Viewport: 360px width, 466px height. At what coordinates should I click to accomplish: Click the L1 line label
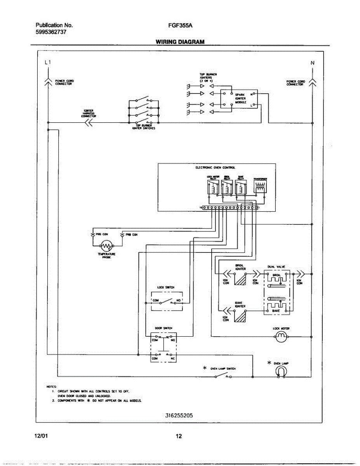click(x=47, y=62)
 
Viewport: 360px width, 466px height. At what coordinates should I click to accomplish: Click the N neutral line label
click(x=312, y=63)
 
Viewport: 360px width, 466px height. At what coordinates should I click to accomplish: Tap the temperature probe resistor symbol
click(x=106, y=245)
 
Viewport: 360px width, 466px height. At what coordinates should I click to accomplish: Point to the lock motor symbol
click(x=281, y=336)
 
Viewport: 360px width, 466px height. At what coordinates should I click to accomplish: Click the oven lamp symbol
click(x=281, y=372)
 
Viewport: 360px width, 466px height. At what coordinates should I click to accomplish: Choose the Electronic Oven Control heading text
click(x=216, y=168)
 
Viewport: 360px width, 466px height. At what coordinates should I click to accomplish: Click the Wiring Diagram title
click(x=180, y=42)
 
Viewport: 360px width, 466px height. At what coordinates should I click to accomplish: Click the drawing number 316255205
click(x=179, y=415)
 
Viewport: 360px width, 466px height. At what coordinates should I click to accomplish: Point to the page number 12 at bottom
click(x=179, y=436)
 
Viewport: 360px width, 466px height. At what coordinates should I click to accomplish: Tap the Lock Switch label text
click(x=165, y=287)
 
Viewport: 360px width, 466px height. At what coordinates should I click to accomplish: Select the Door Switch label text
click(x=163, y=328)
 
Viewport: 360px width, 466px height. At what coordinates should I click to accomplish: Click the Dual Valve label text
click(x=277, y=267)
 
